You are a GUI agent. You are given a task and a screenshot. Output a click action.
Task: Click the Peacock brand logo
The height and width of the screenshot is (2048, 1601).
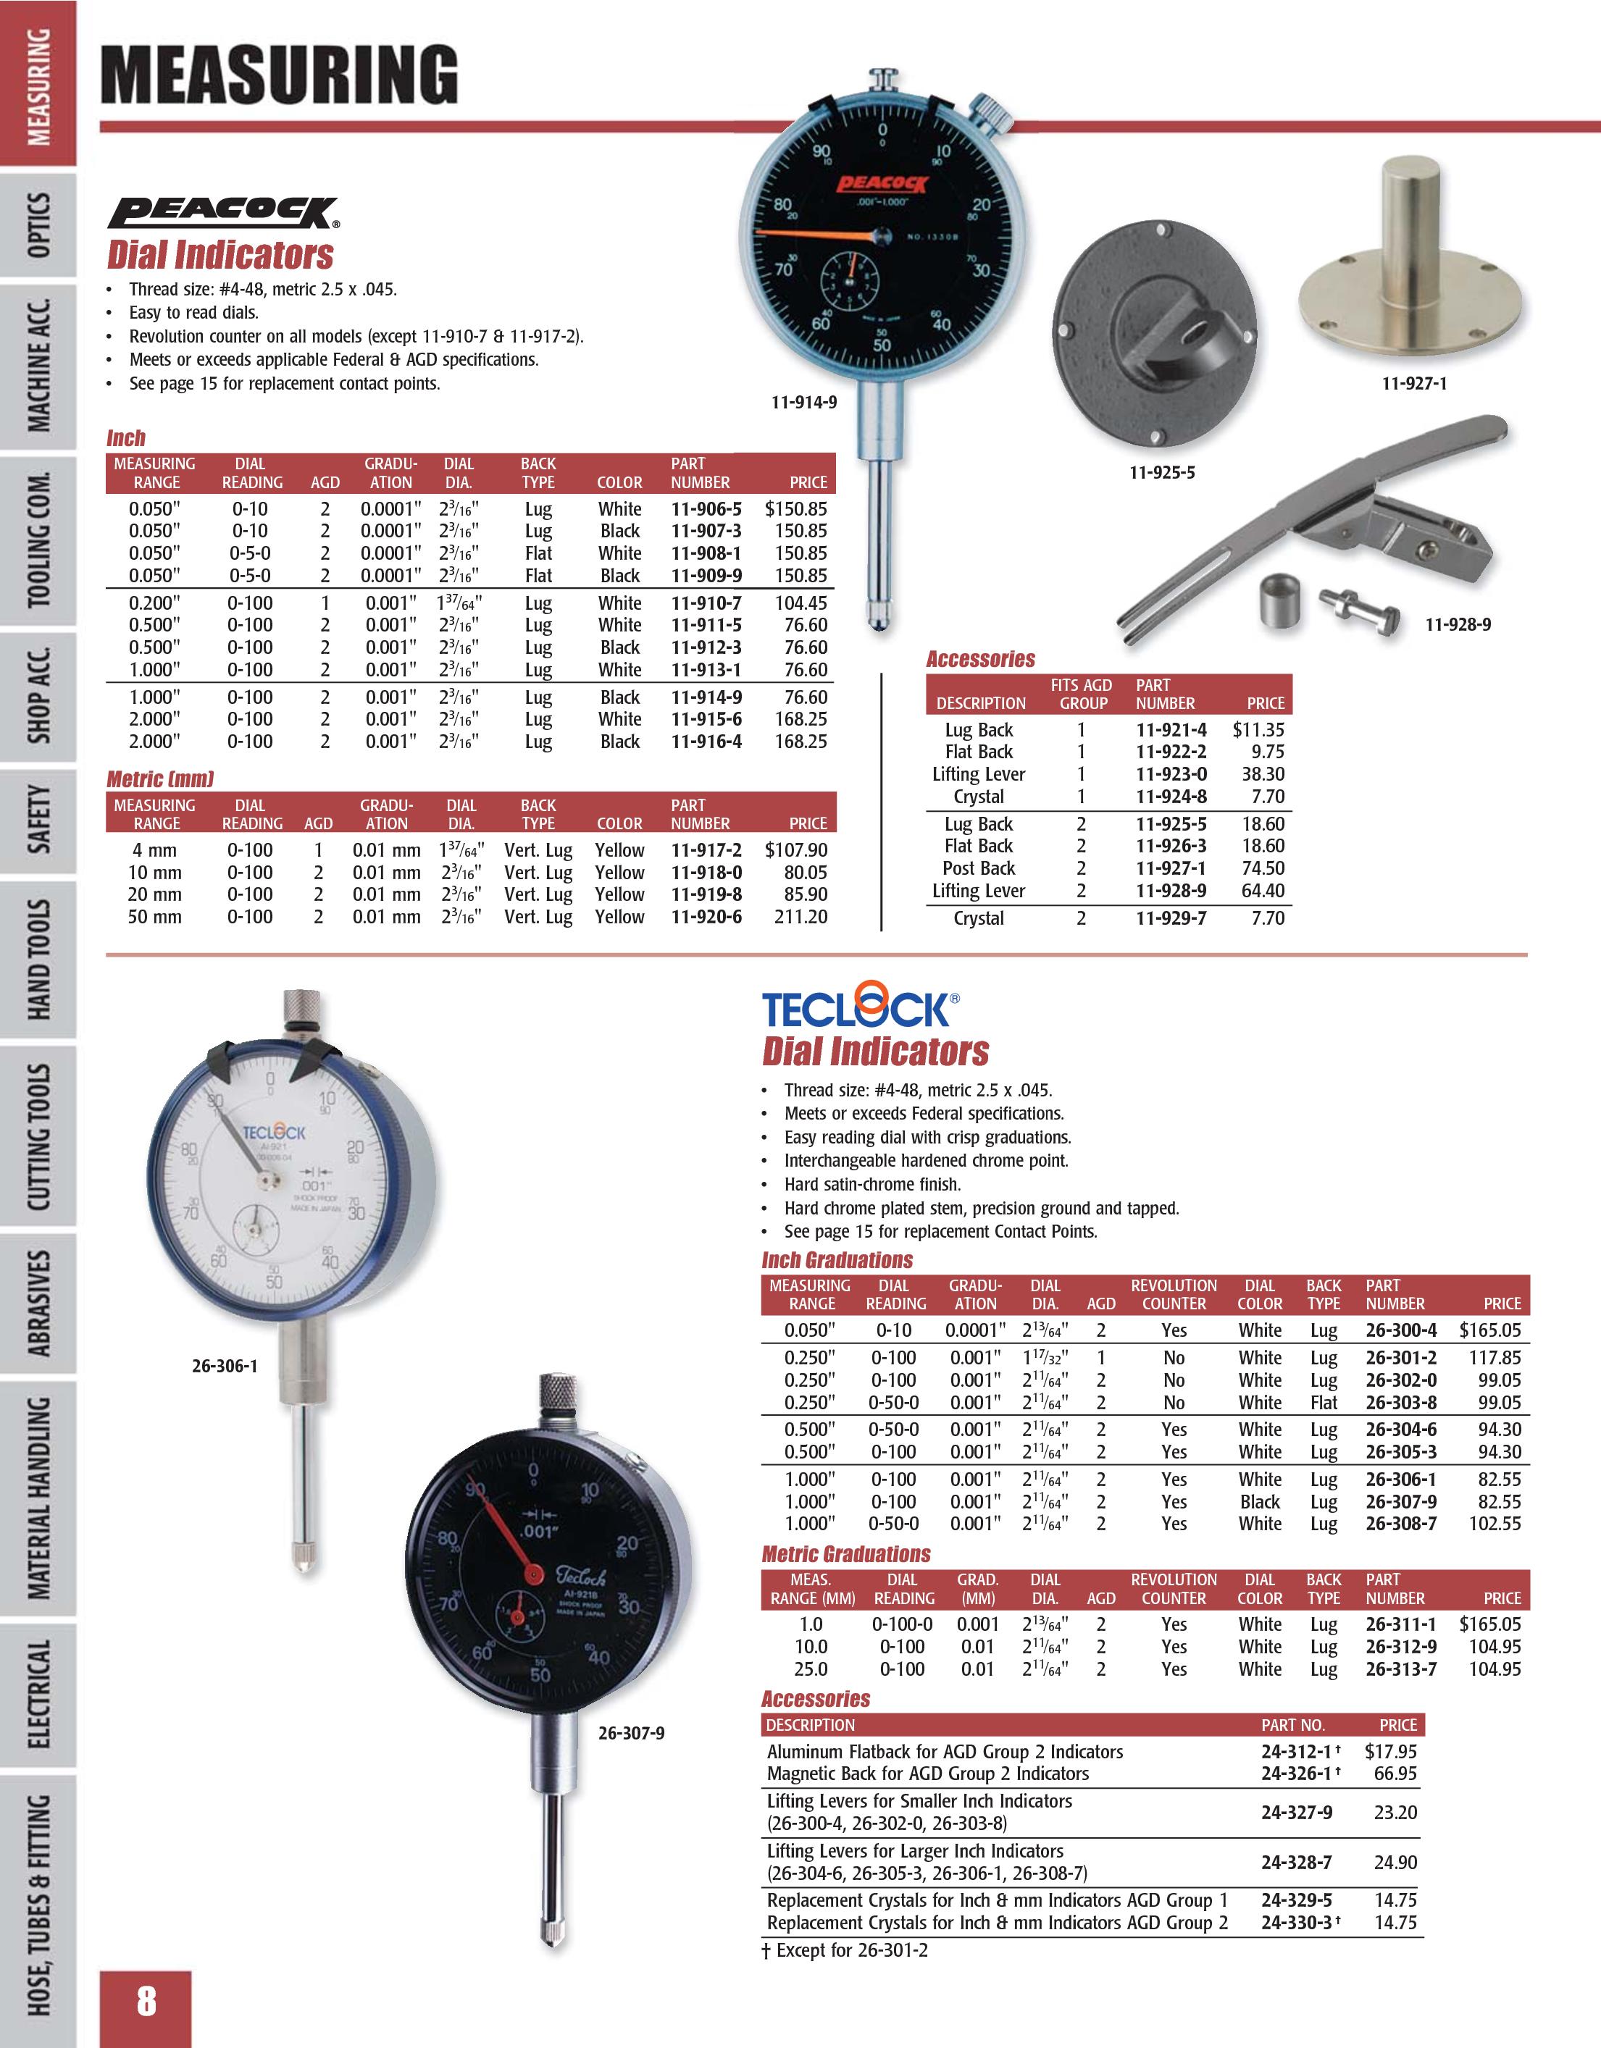(x=223, y=213)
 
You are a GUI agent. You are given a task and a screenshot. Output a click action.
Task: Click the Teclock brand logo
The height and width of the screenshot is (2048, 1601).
(x=859, y=1010)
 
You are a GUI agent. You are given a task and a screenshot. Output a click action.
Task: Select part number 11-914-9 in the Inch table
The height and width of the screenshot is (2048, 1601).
(x=706, y=697)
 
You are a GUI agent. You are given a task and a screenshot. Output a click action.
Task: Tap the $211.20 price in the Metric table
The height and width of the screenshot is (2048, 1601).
(x=800, y=917)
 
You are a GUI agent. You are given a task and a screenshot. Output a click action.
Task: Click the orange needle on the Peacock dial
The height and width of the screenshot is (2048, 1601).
(x=816, y=232)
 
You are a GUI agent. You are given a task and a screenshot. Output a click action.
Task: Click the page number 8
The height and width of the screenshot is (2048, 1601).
(x=146, y=2000)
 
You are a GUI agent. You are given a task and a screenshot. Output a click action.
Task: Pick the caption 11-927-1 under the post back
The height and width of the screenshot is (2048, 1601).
(x=1413, y=384)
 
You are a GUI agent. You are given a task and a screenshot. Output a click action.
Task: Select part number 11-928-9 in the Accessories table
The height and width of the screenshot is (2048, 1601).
(x=1171, y=891)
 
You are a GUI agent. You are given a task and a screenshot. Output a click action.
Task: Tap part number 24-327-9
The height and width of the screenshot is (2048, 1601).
(x=1296, y=1813)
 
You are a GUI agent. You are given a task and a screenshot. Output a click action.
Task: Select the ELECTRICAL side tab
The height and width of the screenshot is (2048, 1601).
(x=38, y=1694)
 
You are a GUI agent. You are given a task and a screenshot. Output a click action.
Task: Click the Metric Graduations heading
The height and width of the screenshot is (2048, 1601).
(x=846, y=1555)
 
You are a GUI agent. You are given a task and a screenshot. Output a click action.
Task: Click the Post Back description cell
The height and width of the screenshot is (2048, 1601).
(x=978, y=868)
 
